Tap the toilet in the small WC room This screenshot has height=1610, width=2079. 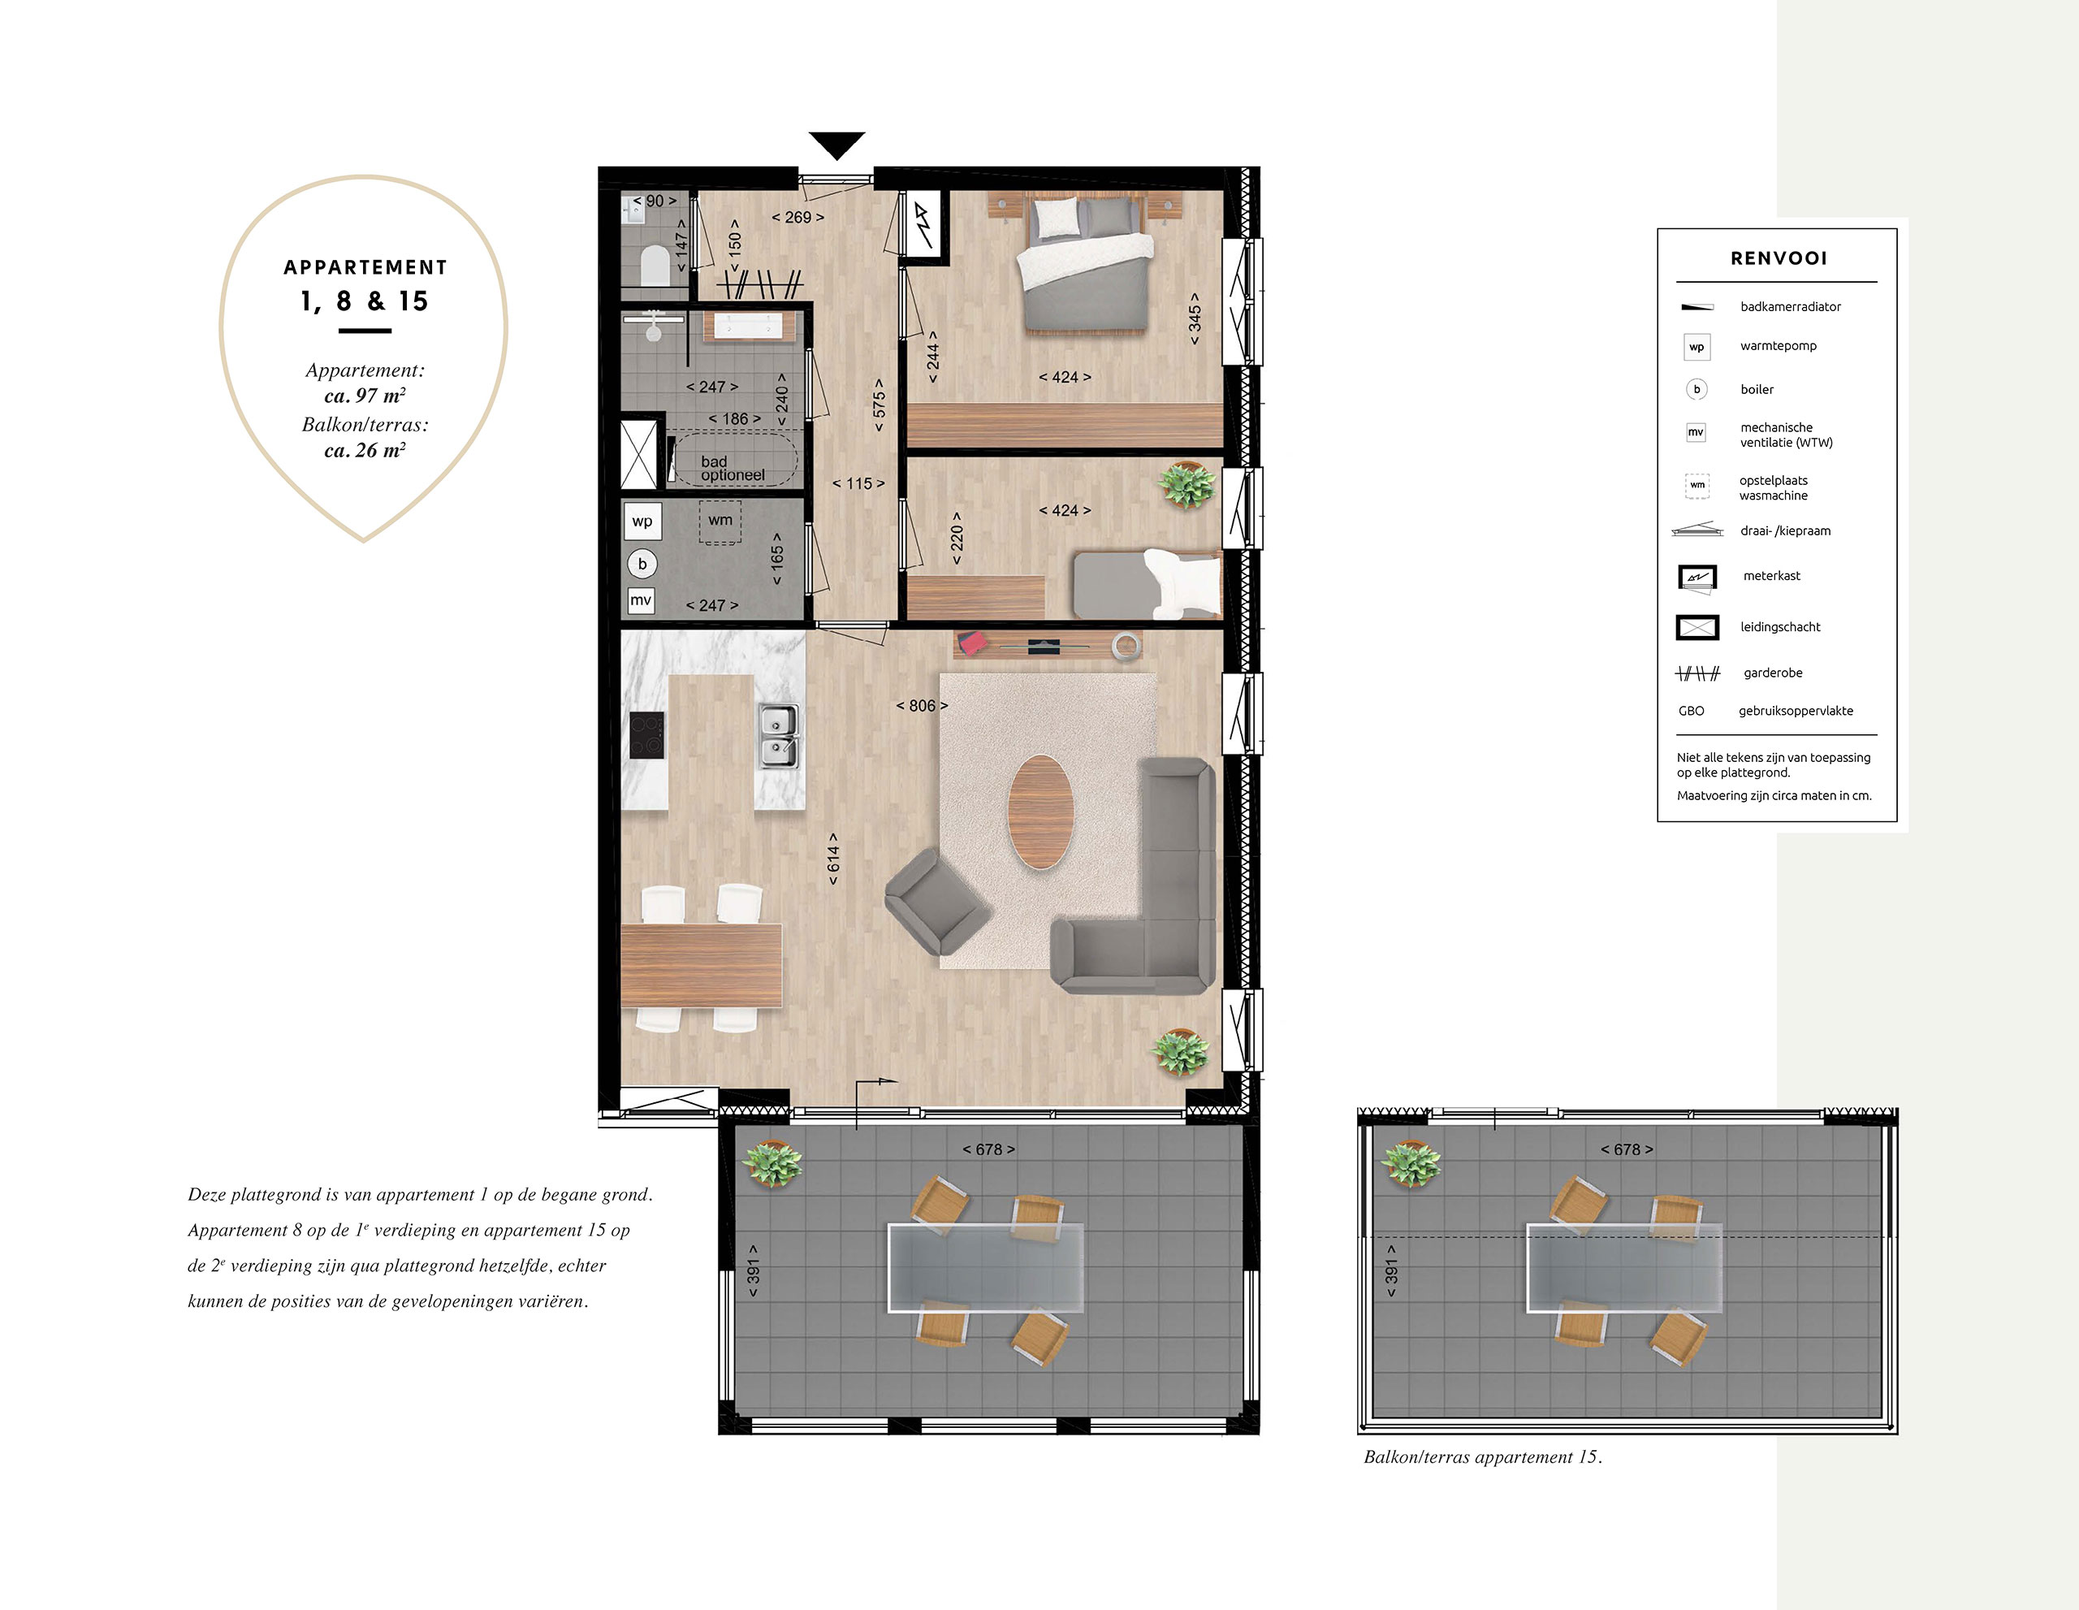point(654,266)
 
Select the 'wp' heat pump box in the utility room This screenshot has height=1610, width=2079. point(642,522)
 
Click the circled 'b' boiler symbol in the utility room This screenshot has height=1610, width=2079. point(642,564)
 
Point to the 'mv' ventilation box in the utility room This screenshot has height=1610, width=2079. point(641,599)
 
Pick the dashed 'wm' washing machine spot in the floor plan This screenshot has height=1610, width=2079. point(720,522)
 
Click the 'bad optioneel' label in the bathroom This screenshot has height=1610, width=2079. point(732,469)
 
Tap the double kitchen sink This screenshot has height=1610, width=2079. point(778,737)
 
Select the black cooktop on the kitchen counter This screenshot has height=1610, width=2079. point(646,735)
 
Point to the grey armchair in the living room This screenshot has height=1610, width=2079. point(936,901)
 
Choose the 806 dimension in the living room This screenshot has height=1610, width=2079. point(922,706)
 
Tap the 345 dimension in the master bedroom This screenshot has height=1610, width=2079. point(1195,318)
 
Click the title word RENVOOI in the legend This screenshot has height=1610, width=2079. point(1779,258)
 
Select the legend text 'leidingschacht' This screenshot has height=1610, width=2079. point(1780,626)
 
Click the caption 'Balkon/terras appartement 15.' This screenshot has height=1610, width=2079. point(1483,1456)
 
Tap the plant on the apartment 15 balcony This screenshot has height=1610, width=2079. point(1411,1163)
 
